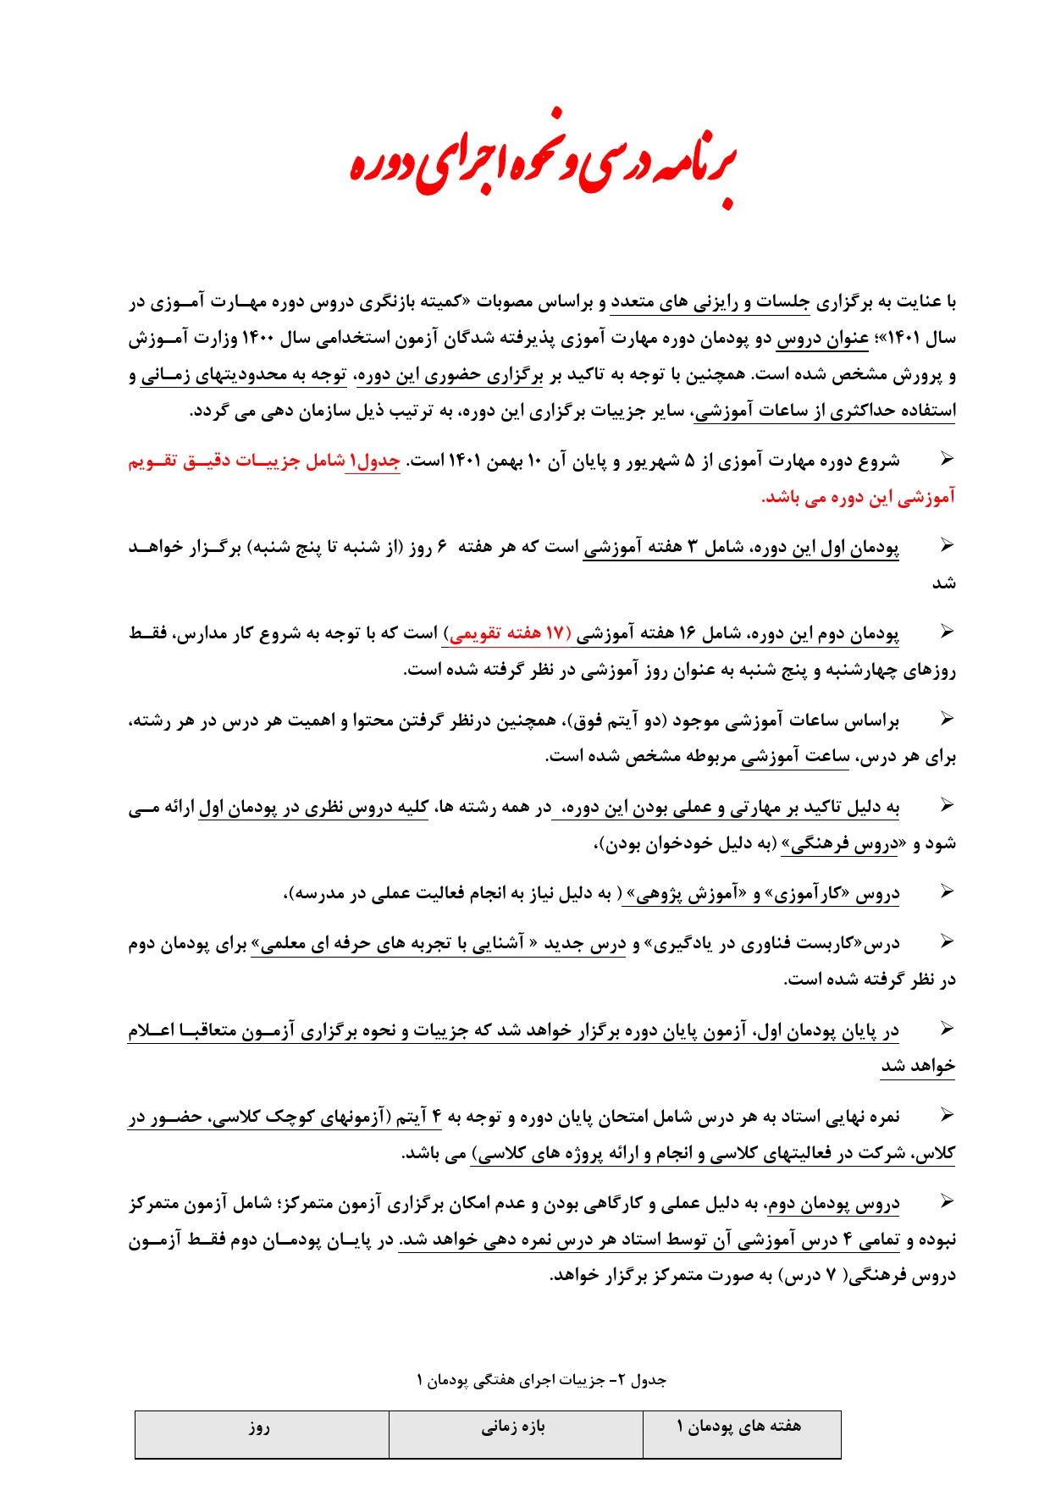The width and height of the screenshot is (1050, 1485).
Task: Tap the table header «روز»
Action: (259, 1427)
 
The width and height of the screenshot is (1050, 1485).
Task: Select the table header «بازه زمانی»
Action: (514, 1427)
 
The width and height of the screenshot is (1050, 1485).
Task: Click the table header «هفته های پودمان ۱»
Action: (739, 1427)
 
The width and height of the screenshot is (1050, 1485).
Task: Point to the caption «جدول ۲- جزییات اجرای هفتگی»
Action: (542, 1380)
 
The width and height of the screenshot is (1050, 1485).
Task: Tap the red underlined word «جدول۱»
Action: (373, 461)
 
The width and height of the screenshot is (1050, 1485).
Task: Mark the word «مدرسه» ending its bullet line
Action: (318, 893)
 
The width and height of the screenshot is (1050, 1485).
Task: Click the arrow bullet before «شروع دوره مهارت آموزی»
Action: (947, 459)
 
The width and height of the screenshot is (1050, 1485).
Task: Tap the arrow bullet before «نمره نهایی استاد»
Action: (947, 1115)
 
